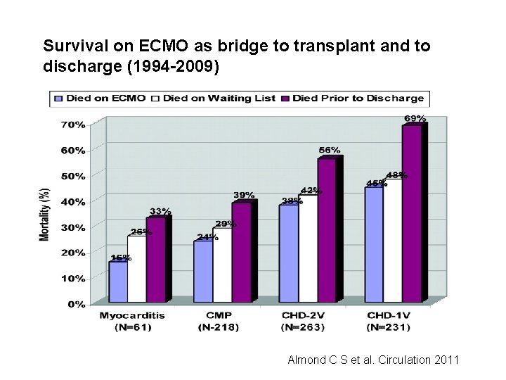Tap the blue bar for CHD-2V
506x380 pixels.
coord(288,254)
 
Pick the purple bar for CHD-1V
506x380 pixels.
coord(412,214)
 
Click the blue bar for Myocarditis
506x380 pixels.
coord(117,282)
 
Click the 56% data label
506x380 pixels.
coord(329,150)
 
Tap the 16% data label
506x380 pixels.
coord(120,257)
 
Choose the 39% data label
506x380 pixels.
coord(244,195)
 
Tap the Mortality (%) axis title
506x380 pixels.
coord(45,215)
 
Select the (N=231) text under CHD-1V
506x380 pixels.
coord(388,327)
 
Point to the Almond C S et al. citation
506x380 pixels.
coord(373,360)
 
